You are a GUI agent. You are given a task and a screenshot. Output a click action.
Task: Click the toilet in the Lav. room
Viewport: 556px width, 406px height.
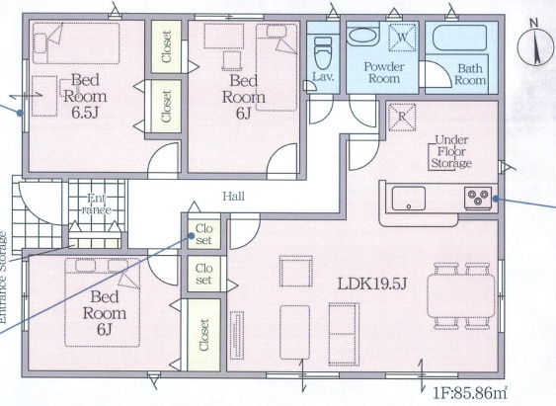(323, 52)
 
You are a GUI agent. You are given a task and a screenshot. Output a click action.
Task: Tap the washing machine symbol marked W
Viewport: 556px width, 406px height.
(402, 37)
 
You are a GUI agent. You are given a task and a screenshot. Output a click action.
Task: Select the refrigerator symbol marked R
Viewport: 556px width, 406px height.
(402, 117)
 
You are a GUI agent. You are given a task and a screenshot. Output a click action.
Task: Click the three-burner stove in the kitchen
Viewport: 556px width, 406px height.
(478, 199)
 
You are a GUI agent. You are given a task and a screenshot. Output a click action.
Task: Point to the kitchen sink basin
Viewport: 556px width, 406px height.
(408, 199)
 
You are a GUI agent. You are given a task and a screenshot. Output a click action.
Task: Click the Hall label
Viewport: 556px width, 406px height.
(234, 197)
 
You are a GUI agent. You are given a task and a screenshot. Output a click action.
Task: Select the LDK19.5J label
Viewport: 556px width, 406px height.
(371, 284)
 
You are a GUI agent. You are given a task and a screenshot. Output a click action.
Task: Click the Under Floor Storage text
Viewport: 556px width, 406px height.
(451, 152)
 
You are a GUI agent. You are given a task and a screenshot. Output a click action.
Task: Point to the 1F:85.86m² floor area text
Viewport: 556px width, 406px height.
(470, 392)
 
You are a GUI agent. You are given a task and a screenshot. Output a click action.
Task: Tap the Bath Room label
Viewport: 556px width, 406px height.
(470, 74)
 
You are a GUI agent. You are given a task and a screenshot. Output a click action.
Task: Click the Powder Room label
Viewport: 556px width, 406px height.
(384, 72)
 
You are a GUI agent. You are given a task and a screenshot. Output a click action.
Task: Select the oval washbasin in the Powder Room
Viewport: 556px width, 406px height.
(362, 37)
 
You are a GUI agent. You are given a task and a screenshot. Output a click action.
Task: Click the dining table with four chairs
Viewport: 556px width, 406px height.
(460, 296)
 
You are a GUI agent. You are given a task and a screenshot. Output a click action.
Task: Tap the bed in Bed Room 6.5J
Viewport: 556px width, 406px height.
(76, 43)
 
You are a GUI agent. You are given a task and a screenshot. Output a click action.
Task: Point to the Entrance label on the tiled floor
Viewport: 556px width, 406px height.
(97, 203)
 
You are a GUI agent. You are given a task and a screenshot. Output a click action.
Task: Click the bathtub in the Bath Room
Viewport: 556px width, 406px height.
(460, 38)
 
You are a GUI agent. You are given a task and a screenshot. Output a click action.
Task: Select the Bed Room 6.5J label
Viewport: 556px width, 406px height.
(85, 96)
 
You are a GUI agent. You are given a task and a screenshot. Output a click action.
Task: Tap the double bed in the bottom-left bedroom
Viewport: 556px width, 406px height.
(103, 302)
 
